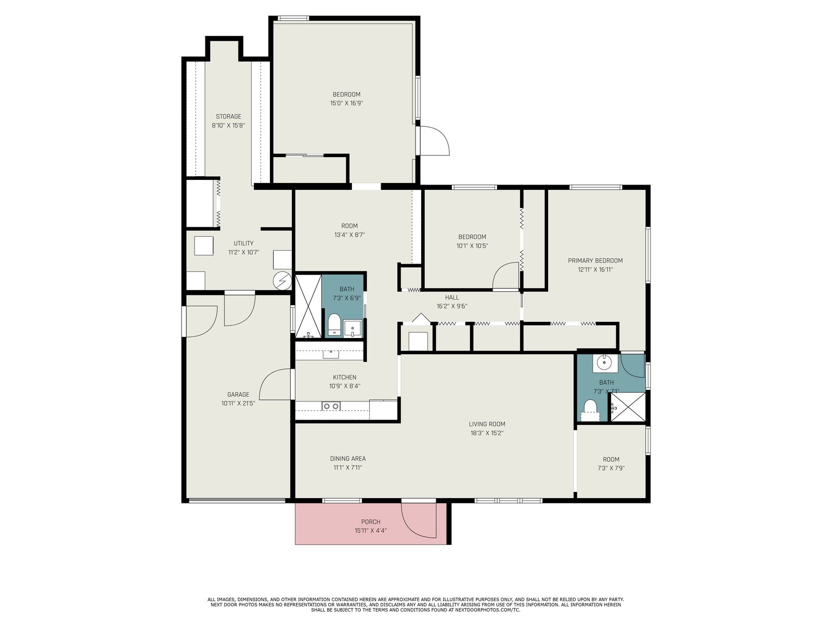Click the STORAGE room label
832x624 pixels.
228,116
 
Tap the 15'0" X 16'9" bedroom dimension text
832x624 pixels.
346,103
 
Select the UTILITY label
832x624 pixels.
243,243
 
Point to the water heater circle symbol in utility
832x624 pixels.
283,280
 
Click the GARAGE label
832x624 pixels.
238,394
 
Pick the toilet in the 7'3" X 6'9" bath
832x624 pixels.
334,325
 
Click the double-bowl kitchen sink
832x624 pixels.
331,406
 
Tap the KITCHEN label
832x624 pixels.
345,378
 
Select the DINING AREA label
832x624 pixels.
347,459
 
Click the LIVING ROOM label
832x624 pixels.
487,424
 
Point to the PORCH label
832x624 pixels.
370,522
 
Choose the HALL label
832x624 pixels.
452,297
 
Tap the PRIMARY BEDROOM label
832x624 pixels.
595,261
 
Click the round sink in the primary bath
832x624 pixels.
605,363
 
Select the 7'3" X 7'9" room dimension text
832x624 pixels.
611,469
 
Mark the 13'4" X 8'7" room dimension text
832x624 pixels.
349,235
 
